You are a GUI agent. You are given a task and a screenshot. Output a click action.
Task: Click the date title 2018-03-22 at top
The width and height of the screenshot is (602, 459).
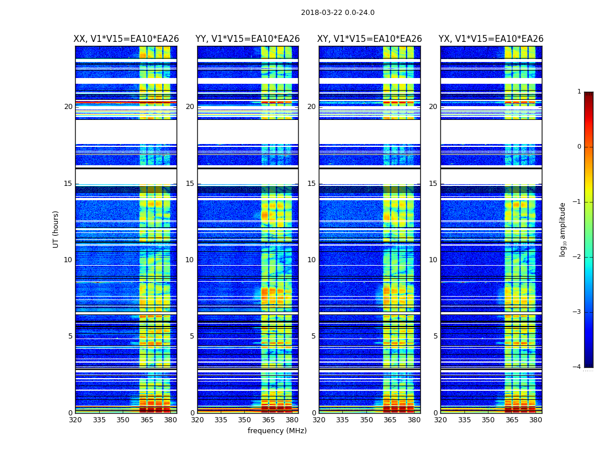tap(337, 13)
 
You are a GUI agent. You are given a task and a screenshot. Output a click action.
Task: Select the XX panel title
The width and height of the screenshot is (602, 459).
tap(126, 39)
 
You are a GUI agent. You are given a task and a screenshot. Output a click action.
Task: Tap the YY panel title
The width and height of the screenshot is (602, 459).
tap(248, 39)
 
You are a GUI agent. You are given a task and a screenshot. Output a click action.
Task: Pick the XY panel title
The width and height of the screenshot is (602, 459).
tap(370, 39)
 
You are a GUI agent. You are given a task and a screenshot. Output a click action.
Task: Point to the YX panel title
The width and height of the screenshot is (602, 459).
tap(491, 39)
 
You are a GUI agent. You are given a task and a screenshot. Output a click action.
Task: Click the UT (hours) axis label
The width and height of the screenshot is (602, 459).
tap(56, 229)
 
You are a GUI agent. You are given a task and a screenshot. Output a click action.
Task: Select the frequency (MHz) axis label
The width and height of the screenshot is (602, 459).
tap(277, 431)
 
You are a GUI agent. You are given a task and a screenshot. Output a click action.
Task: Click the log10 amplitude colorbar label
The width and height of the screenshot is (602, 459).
tap(563, 229)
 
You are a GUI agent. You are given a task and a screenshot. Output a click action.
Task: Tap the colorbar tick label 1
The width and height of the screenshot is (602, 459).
tap(579, 92)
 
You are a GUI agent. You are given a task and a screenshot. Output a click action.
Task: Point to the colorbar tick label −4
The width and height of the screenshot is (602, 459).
tap(577, 367)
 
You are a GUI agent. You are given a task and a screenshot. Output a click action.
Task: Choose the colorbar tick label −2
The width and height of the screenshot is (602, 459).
tap(577, 257)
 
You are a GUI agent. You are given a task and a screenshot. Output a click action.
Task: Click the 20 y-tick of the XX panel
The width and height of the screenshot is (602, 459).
tap(68, 107)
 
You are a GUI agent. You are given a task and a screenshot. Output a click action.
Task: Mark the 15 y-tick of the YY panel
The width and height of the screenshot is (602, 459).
tap(190, 184)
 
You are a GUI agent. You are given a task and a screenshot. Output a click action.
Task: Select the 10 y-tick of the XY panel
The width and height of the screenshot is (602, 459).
tap(311, 260)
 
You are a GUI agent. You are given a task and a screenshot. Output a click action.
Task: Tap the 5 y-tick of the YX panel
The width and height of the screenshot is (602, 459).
tap(435, 336)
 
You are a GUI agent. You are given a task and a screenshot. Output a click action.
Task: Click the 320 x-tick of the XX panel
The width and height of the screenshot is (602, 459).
tap(75, 420)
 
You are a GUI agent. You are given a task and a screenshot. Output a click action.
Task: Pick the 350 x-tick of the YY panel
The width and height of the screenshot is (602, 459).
tap(245, 420)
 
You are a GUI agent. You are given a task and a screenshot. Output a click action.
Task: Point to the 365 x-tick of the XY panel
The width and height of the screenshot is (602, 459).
tap(390, 420)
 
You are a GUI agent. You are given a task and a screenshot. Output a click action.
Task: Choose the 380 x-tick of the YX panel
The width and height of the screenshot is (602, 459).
tap(535, 420)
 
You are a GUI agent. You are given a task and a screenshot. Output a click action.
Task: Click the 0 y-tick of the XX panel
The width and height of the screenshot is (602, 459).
tap(71, 413)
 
